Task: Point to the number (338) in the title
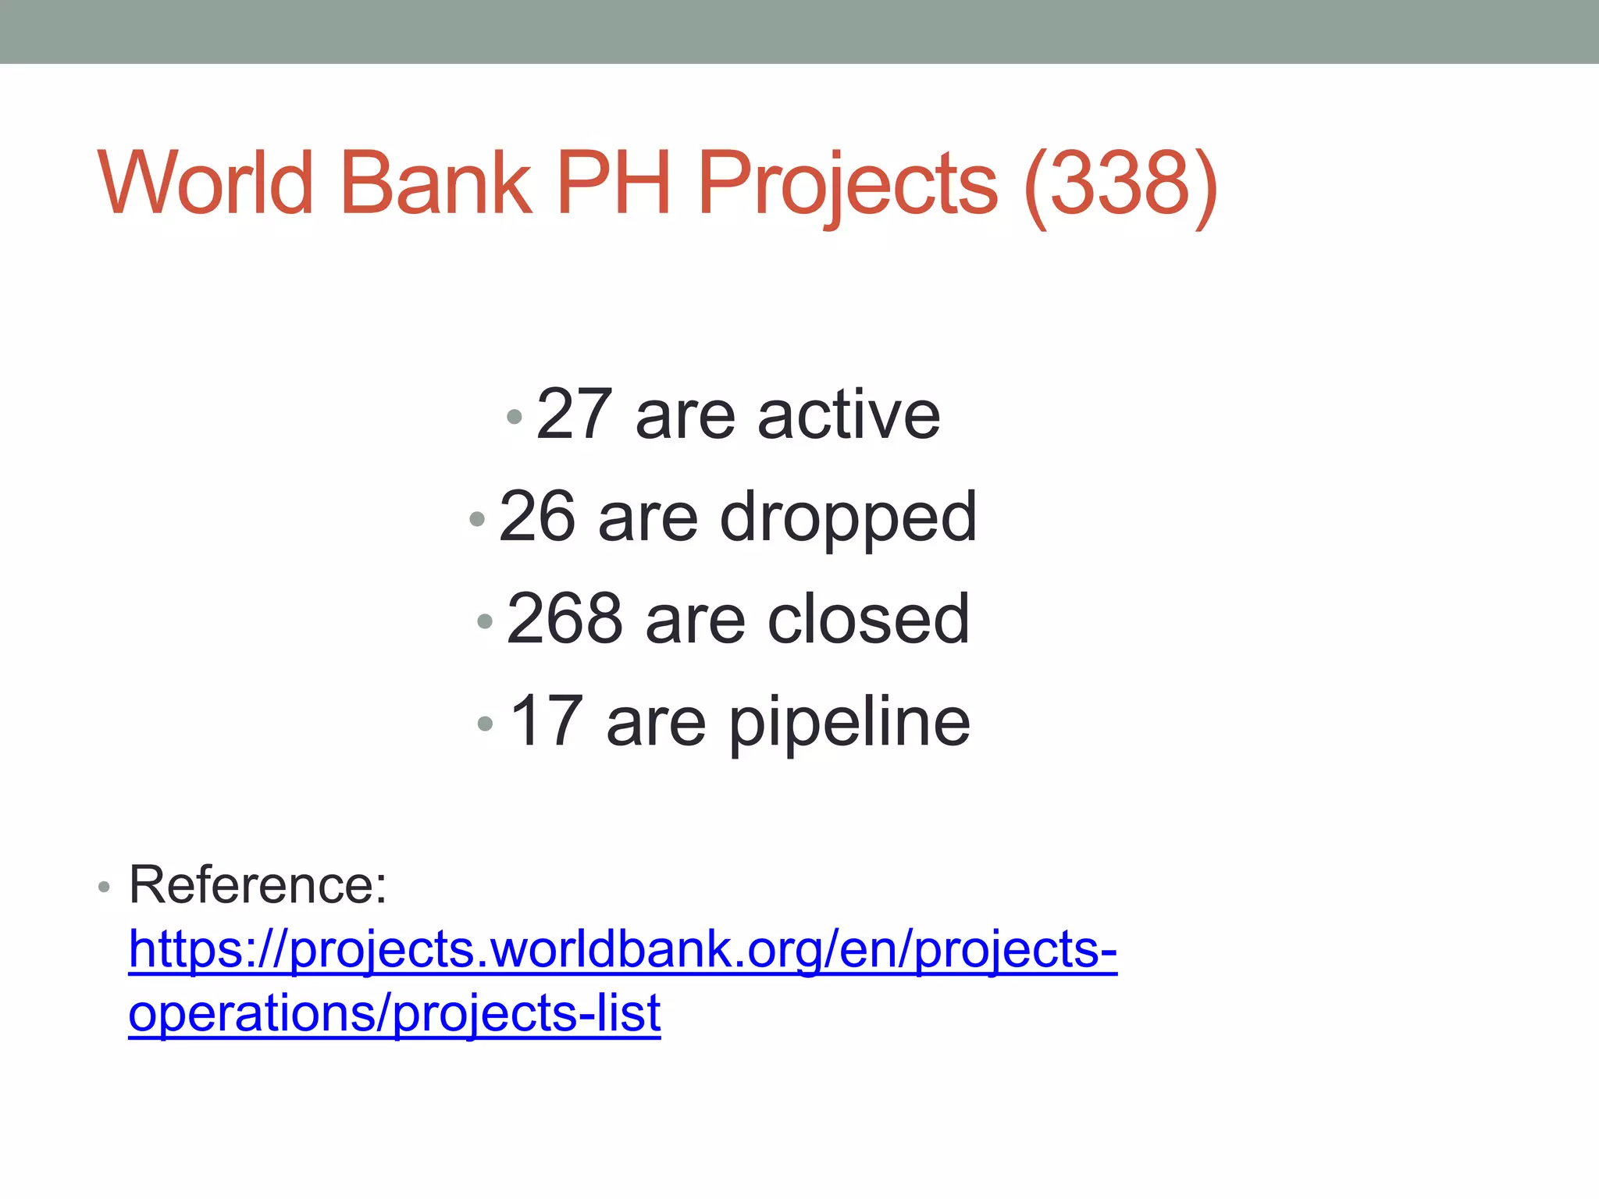[x=1120, y=185]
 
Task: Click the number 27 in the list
[x=574, y=414]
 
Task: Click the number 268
[x=564, y=619]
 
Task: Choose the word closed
[x=869, y=619]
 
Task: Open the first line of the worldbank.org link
[x=622, y=951]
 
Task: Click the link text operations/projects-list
[x=394, y=1014]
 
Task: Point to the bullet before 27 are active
[x=514, y=417]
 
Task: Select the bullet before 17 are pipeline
[x=485, y=724]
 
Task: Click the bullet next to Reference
[x=104, y=888]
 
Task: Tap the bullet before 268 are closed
[x=485, y=621]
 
